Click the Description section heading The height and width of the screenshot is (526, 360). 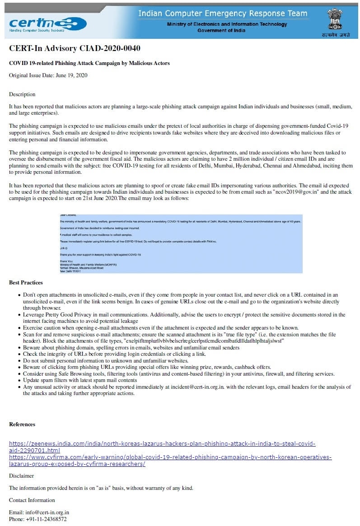22,94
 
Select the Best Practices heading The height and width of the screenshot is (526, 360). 26,283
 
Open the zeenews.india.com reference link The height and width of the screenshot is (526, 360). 162,447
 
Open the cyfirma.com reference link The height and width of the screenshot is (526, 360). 170,460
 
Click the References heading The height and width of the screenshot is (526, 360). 22,424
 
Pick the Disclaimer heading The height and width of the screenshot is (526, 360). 22,476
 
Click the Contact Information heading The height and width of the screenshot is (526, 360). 32,500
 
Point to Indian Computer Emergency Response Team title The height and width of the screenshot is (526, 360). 223,14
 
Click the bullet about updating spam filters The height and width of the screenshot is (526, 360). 80,381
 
